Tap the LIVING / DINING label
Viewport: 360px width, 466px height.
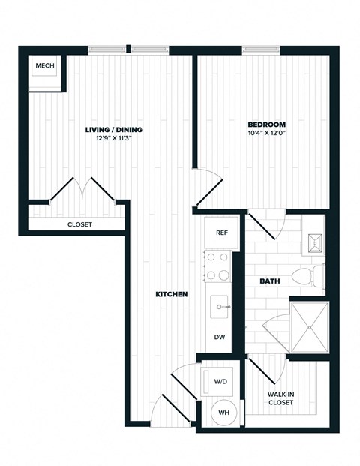coord(113,129)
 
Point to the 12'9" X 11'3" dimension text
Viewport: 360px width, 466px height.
coord(113,138)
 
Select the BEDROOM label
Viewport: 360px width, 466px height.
coord(266,124)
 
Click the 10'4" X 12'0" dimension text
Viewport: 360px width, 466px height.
coord(266,133)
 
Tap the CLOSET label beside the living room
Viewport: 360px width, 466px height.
coord(79,224)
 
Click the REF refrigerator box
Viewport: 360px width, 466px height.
coord(221,233)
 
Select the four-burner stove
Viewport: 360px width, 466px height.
coord(218,266)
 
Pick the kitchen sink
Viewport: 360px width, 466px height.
coord(220,305)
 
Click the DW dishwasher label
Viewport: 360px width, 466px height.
coord(220,338)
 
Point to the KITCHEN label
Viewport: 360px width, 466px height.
coord(171,294)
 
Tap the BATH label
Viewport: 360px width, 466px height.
coord(269,281)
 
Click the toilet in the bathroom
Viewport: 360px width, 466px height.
coord(309,277)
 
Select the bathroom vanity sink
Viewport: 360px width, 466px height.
coord(313,242)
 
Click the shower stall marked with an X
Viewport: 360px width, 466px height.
coord(309,327)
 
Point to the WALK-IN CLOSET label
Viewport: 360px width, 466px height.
coord(280,398)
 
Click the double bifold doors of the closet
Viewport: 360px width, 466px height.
coord(82,190)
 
